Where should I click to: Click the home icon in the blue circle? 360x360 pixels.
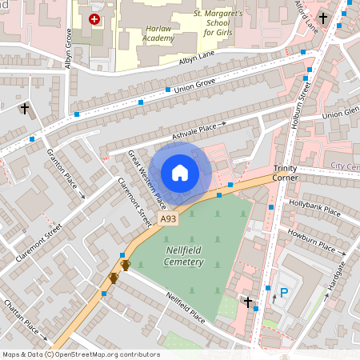click(180, 173)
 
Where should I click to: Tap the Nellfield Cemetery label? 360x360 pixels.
click(174, 256)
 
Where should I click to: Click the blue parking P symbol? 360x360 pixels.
click(283, 293)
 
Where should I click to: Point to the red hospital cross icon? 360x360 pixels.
click(95, 18)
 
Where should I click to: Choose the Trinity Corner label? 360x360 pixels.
click(285, 173)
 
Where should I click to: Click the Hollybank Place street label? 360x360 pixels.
click(314, 209)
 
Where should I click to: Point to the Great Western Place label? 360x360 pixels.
click(147, 180)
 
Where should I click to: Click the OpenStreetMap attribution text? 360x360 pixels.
click(81, 354)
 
